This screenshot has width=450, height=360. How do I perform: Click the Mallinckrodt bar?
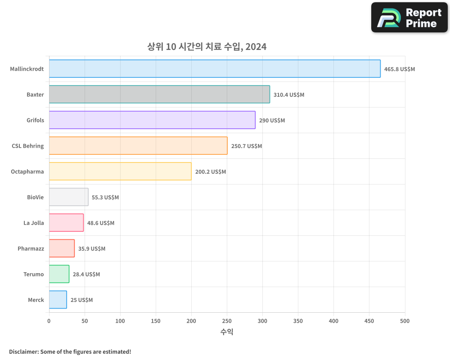click(x=215, y=69)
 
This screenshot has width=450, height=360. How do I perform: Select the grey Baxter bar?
click(x=159, y=94)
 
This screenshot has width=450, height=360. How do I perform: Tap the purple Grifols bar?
click(x=152, y=120)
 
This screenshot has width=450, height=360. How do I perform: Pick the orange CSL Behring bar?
click(x=138, y=146)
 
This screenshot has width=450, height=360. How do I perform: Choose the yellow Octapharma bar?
click(x=120, y=171)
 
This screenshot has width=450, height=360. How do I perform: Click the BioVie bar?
click(x=68, y=197)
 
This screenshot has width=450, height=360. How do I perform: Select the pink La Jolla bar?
click(x=66, y=223)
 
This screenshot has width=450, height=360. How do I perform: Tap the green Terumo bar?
click(x=59, y=274)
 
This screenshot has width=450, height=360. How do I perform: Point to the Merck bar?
click(x=58, y=300)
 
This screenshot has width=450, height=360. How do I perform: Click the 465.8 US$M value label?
click(x=399, y=69)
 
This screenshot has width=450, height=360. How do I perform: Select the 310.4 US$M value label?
click(x=289, y=95)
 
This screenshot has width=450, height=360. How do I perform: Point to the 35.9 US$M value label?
click(x=92, y=249)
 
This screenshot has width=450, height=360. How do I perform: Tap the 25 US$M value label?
click(x=81, y=300)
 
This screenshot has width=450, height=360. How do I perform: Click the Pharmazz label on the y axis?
click(x=31, y=249)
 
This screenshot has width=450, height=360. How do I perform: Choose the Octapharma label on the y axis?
click(x=27, y=172)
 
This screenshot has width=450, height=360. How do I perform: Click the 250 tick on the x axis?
click(x=227, y=321)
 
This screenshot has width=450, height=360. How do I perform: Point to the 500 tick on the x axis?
click(x=405, y=321)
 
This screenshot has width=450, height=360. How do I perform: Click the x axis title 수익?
click(x=227, y=332)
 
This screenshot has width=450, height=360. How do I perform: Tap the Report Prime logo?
click(x=409, y=18)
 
